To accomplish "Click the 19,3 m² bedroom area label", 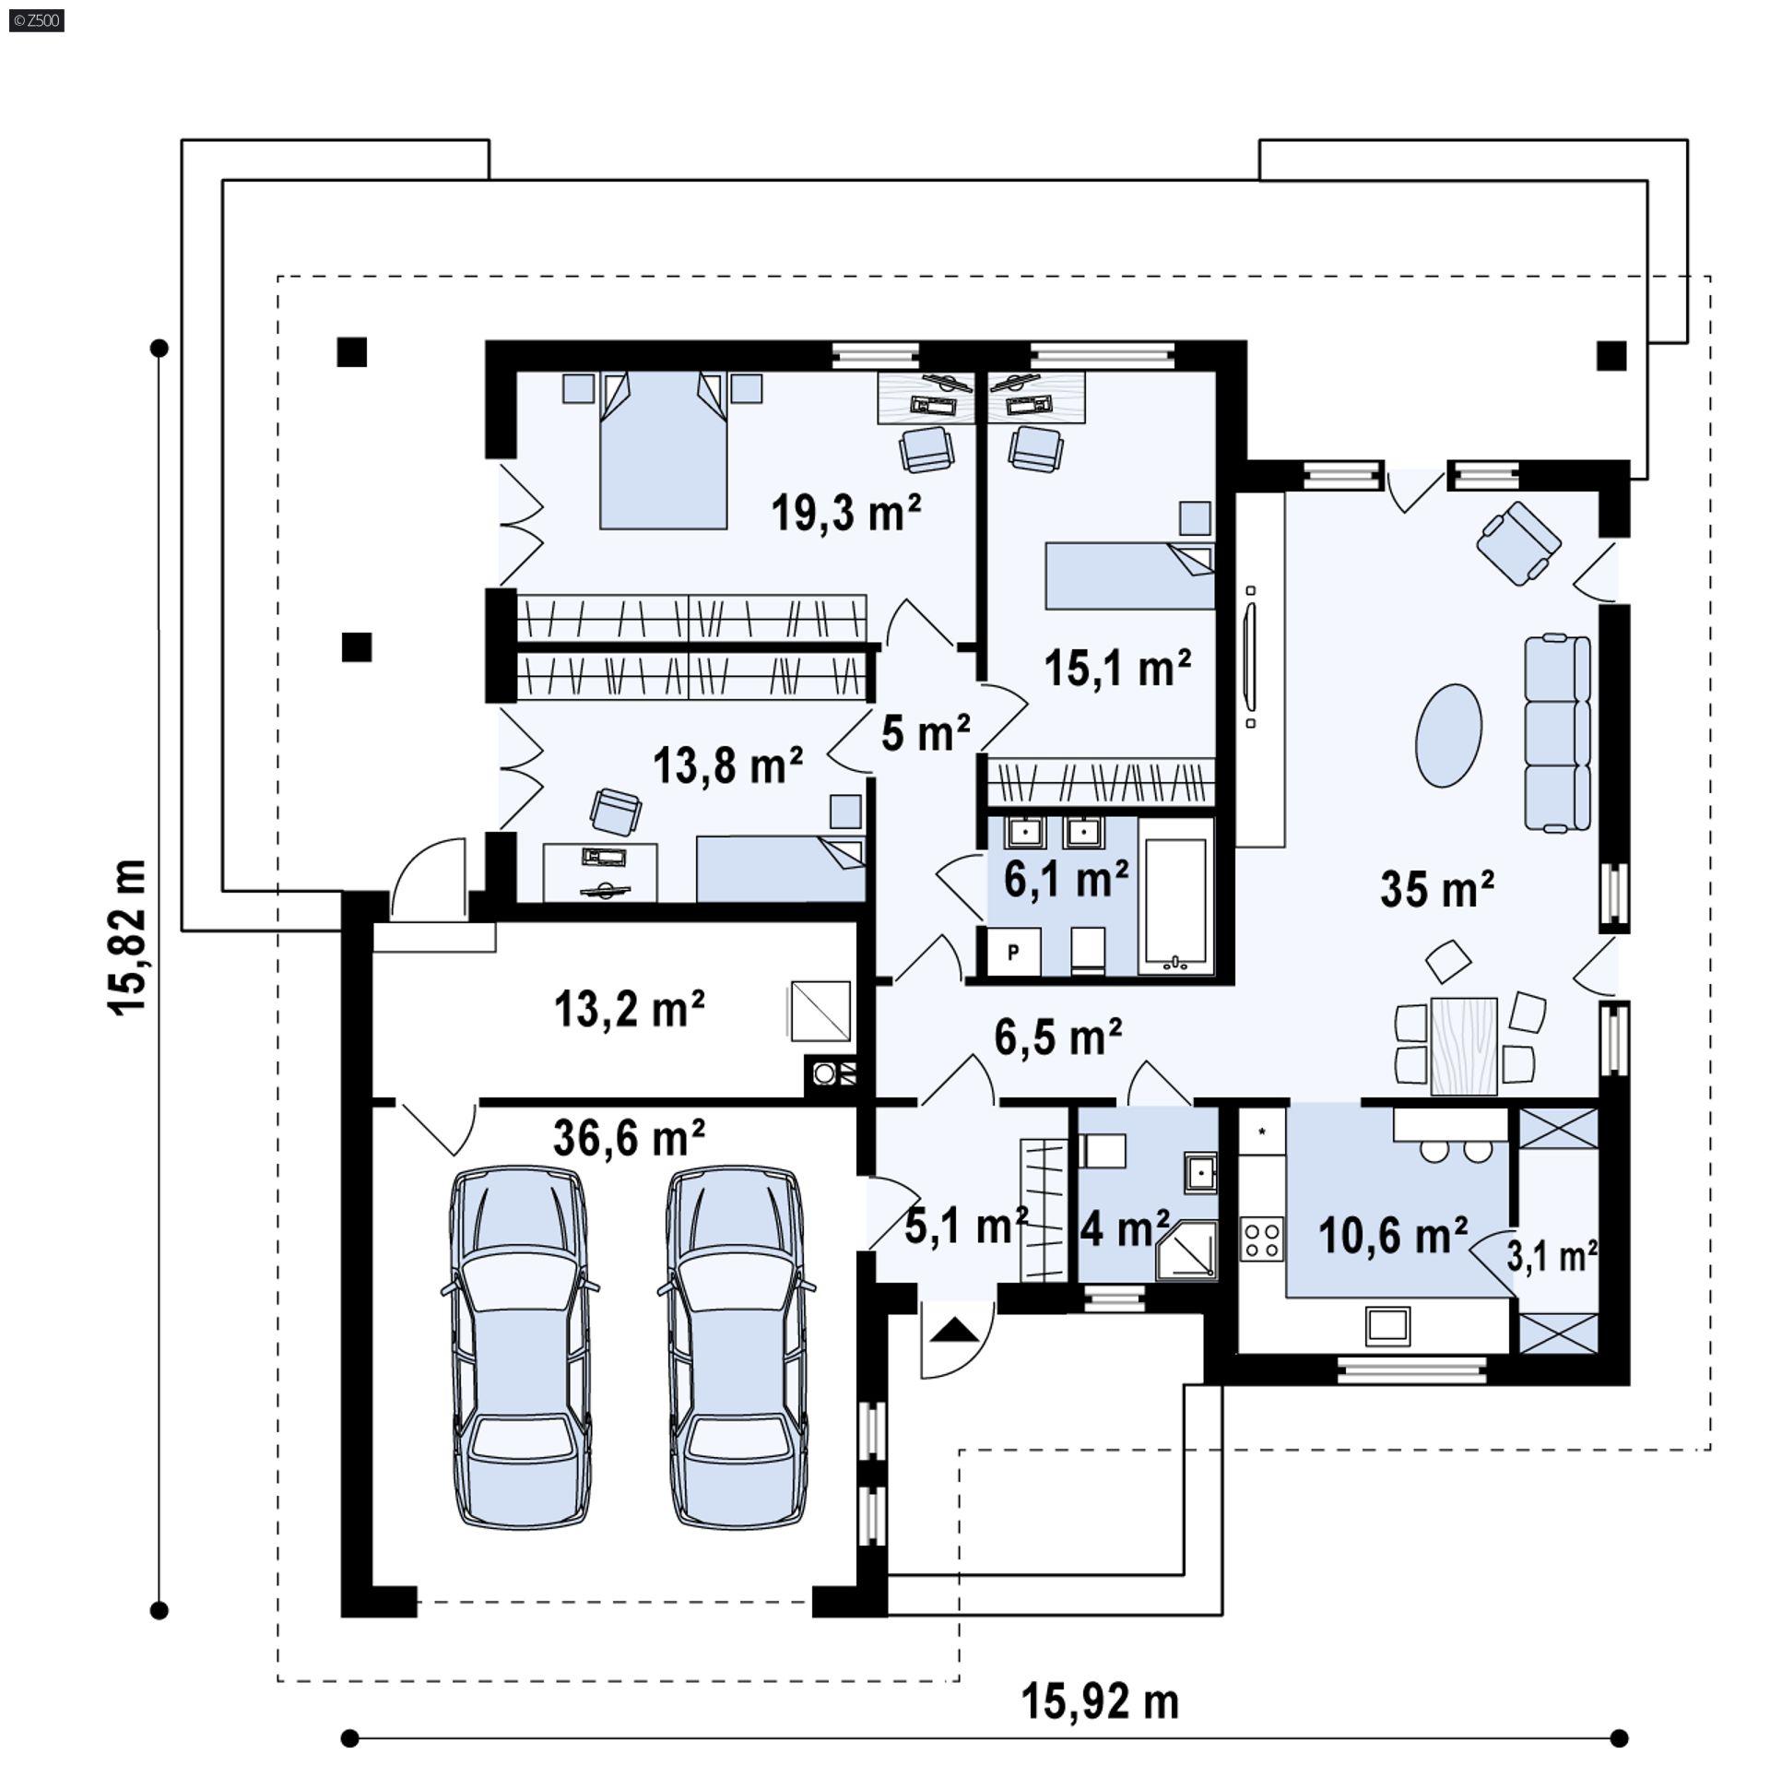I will (x=845, y=513).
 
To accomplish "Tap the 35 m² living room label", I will (x=1436, y=889).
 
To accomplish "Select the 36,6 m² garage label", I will (x=629, y=1138).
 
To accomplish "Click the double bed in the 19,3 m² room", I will (x=663, y=452).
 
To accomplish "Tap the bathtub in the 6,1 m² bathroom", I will (x=1174, y=906).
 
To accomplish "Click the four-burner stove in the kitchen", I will (x=1261, y=1239).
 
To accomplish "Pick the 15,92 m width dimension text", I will (x=1100, y=1701).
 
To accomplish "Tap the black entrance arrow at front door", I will (x=954, y=1331).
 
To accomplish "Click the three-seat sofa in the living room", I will (x=1557, y=733).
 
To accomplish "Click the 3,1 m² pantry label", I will (x=1552, y=1256).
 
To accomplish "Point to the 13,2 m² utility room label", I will (x=629, y=1010).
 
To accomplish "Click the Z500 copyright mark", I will (x=35, y=19).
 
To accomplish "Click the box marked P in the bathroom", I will (x=1013, y=952).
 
